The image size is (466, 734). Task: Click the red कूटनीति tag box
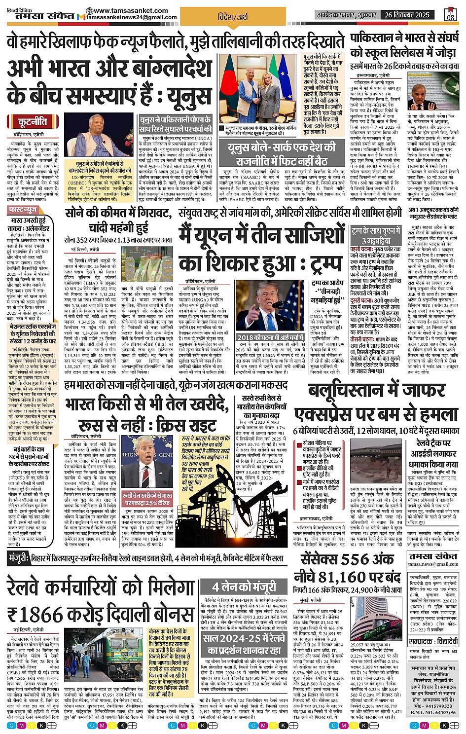(34, 122)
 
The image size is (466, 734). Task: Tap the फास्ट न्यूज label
(23, 210)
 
